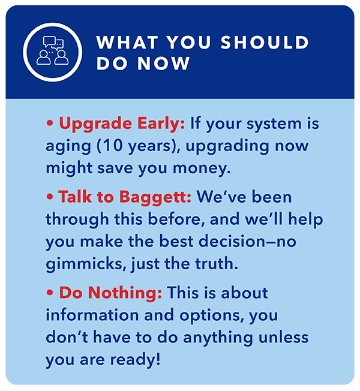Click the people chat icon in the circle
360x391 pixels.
pos(52,50)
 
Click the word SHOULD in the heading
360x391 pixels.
pos(265,42)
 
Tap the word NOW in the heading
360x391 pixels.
pos(164,63)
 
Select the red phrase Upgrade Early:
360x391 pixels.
pos(122,123)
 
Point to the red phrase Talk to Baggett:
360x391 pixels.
pos(125,197)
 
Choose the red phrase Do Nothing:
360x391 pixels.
pos(110,293)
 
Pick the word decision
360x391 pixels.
pos(232,241)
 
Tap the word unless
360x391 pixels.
pos(283,337)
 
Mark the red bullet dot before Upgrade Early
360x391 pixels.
pos(50,123)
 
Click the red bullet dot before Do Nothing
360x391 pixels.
pos(50,293)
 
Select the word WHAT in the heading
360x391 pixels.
pos(127,42)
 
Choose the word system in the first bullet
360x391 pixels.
pos(274,124)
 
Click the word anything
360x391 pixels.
pos(218,338)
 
